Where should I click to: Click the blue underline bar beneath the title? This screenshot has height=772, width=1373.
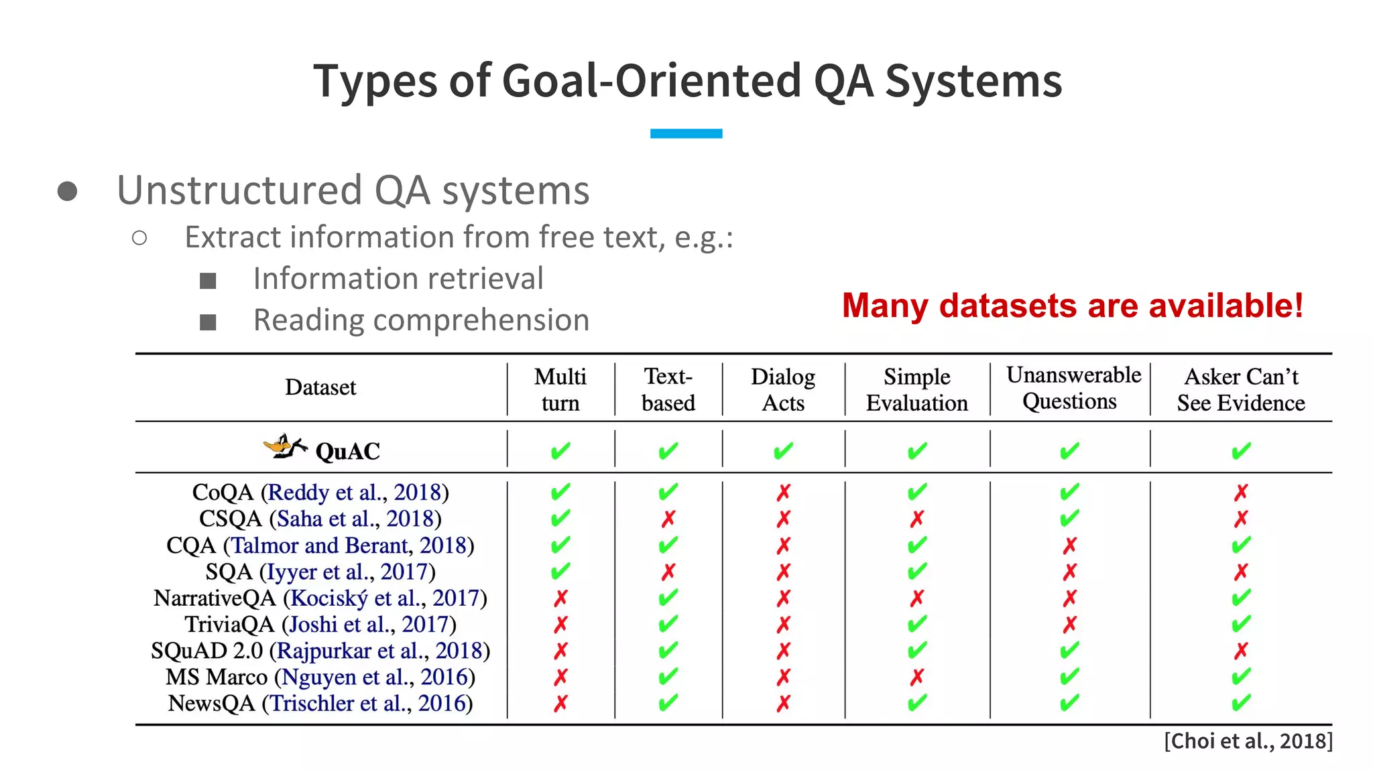(x=686, y=133)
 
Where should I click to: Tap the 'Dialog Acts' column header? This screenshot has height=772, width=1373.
(x=782, y=389)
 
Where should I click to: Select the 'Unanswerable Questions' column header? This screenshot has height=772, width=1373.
(x=1073, y=388)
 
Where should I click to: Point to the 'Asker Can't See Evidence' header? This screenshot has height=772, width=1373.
(x=1241, y=389)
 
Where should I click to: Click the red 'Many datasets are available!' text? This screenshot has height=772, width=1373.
(x=1072, y=306)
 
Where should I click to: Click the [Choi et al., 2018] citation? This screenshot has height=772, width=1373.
(x=1248, y=741)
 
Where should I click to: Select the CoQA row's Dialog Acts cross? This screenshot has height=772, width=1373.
(x=783, y=493)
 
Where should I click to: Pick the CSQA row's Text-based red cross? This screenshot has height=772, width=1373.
(x=668, y=519)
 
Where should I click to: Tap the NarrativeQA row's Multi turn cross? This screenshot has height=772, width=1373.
(x=560, y=598)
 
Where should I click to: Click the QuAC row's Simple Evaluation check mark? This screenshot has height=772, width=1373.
(x=916, y=451)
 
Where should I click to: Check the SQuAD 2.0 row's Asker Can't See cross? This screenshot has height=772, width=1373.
(x=1241, y=651)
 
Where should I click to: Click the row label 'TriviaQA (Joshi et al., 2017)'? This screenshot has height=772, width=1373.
(x=320, y=625)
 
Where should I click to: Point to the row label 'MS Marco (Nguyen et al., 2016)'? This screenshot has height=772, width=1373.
(x=320, y=677)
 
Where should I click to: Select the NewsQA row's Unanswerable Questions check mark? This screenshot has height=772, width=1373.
(x=1069, y=703)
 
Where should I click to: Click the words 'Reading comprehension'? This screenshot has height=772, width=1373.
(x=421, y=320)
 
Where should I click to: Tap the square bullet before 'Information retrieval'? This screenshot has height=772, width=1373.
(x=208, y=281)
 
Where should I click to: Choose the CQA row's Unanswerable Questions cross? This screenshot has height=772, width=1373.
(x=1069, y=545)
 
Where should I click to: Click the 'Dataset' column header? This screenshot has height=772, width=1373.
(x=320, y=387)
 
